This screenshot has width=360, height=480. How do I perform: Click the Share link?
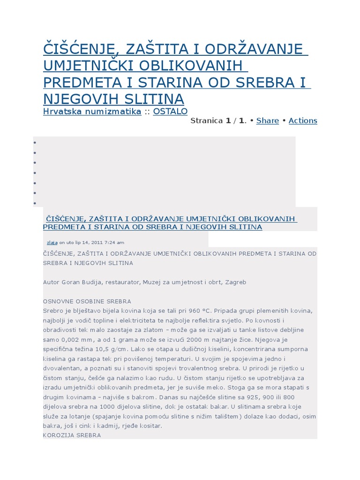(268, 120)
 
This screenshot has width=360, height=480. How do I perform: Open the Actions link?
(303, 120)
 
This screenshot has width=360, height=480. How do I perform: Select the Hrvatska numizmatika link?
(92, 111)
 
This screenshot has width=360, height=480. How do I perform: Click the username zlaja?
(52, 242)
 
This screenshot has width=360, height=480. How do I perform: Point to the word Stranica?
(207, 120)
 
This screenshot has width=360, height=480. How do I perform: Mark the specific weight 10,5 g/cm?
(100, 349)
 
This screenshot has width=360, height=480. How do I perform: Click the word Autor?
(51, 282)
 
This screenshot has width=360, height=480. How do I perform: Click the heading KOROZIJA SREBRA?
(72, 435)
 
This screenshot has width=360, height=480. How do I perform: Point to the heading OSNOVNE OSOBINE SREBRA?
(87, 301)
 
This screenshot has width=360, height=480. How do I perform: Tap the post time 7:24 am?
(116, 242)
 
